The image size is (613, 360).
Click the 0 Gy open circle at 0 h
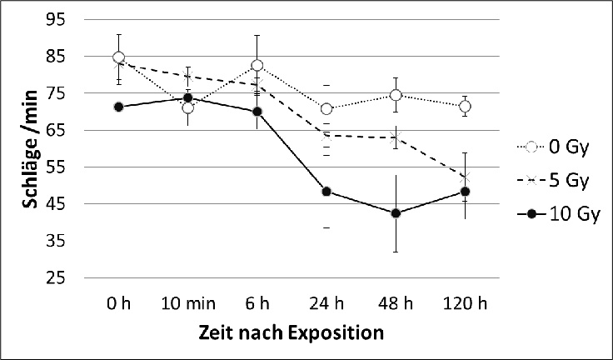click(x=119, y=57)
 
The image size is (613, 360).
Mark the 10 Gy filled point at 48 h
click(x=396, y=213)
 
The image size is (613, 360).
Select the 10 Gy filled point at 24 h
click(x=326, y=192)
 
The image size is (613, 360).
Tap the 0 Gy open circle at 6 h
click(x=257, y=65)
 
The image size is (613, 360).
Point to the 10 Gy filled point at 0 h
click(x=119, y=107)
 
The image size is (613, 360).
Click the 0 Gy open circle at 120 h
click(x=465, y=107)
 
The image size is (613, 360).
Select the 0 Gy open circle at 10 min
click(x=188, y=107)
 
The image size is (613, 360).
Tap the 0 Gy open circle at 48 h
click(x=396, y=95)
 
